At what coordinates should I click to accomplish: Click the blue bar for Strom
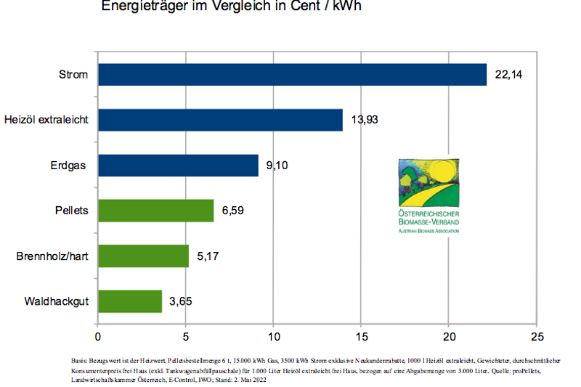click(x=292, y=75)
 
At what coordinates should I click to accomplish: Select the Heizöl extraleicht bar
click(x=220, y=120)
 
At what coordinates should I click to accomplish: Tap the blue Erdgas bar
click(x=178, y=166)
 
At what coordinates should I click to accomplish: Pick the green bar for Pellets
click(x=155, y=211)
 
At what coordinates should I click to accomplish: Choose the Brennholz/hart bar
click(x=143, y=256)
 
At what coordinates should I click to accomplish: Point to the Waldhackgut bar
click(x=130, y=301)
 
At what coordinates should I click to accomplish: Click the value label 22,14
click(x=508, y=75)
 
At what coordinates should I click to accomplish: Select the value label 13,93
click(x=365, y=120)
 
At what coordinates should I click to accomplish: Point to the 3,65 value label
click(x=182, y=301)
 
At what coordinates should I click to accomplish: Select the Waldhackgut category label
click(x=57, y=301)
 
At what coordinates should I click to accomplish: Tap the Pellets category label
click(x=70, y=211)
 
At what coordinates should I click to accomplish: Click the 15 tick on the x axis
click(x=361, y=337)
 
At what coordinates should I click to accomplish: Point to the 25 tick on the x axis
click(x=537, y=337)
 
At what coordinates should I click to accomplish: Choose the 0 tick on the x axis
click(x=98, y=337)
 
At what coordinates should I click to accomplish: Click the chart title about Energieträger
click(x=232, y=7)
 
